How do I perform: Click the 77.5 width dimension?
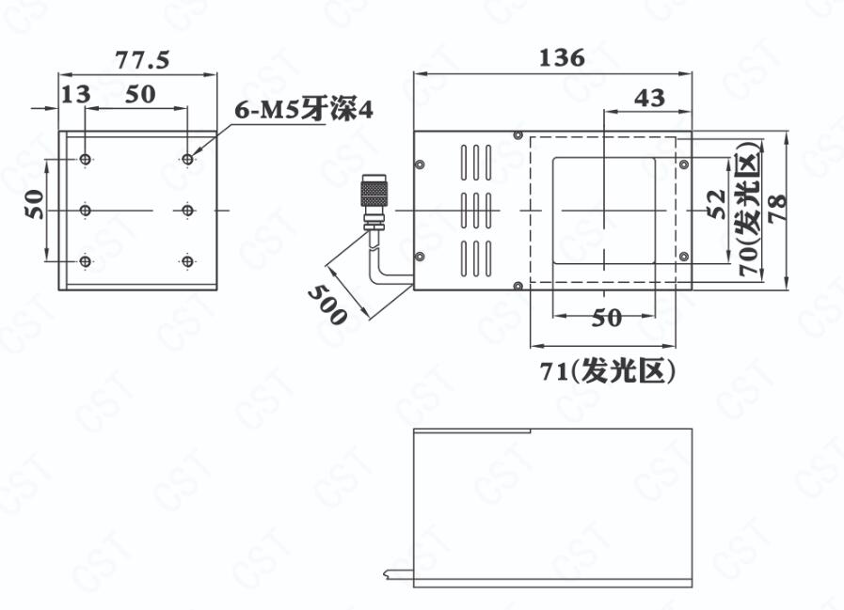click(x=142, y=59)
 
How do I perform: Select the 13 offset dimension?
click(x=76, y=95)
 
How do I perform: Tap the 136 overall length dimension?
click(x=562, y=57)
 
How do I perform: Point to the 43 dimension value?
click(x=649, y=98)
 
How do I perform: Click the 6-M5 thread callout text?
click(x=304, y=110)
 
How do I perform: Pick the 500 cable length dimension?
click(x=327, y=305)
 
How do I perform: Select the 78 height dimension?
click(x=777, y=207)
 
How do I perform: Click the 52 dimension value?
click(x=716, y=204)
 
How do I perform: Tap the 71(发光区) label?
click(x=607, y=370)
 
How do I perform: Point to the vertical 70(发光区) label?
click(x=750, y=210)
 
